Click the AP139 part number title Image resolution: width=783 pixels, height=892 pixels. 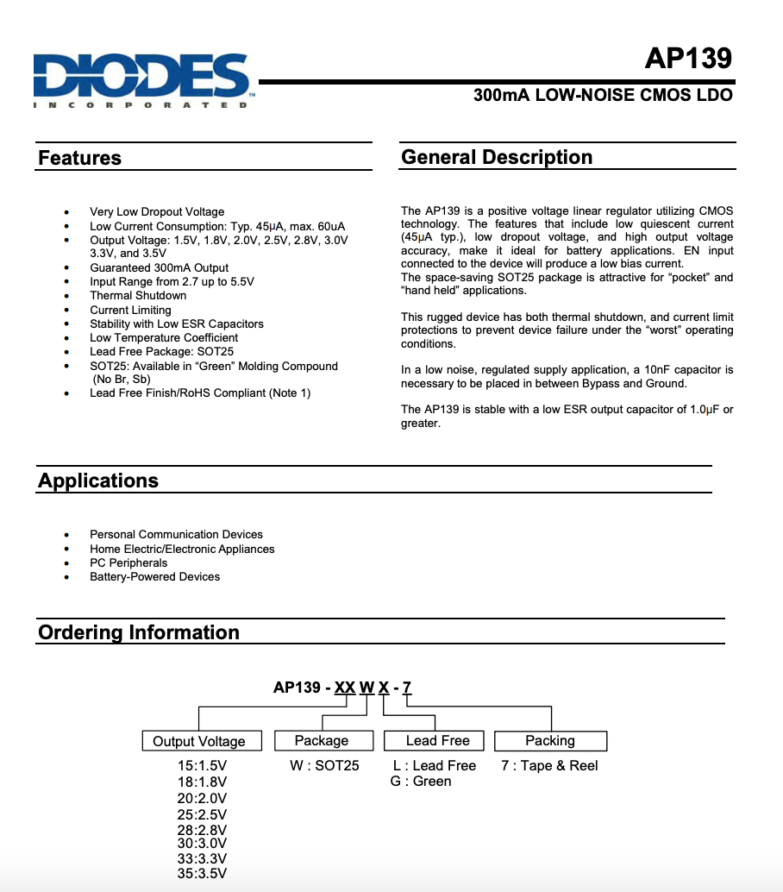pos(688,58)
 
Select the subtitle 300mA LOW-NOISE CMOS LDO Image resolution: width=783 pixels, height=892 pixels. pos(603,96)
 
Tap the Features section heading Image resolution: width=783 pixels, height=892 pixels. pos(80,159)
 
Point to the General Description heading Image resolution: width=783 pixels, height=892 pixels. pos(497,158)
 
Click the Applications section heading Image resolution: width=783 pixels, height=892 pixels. pos(98,481)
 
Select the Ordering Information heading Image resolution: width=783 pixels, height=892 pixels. pos(139,632)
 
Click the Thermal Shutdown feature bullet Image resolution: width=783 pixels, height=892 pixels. pos(138,296)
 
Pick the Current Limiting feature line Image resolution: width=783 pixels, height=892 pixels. pos(130,310)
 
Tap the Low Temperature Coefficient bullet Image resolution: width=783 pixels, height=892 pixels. pos(164,337)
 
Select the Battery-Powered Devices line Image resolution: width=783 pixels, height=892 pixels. pos(154,576)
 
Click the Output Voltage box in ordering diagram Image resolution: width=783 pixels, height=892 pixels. pos(199,741)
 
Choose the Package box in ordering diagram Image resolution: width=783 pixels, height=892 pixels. pos(322,740)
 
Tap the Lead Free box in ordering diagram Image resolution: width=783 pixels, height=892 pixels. pos(437,740)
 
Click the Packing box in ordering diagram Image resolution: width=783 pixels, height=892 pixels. pos(550,740)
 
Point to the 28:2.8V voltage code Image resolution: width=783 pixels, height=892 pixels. pos(202,829)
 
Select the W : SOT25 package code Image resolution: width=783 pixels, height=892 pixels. pos(324,765)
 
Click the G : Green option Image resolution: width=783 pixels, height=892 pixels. pos(421,782)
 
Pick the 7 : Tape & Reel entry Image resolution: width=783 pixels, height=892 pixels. pos(549,765)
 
